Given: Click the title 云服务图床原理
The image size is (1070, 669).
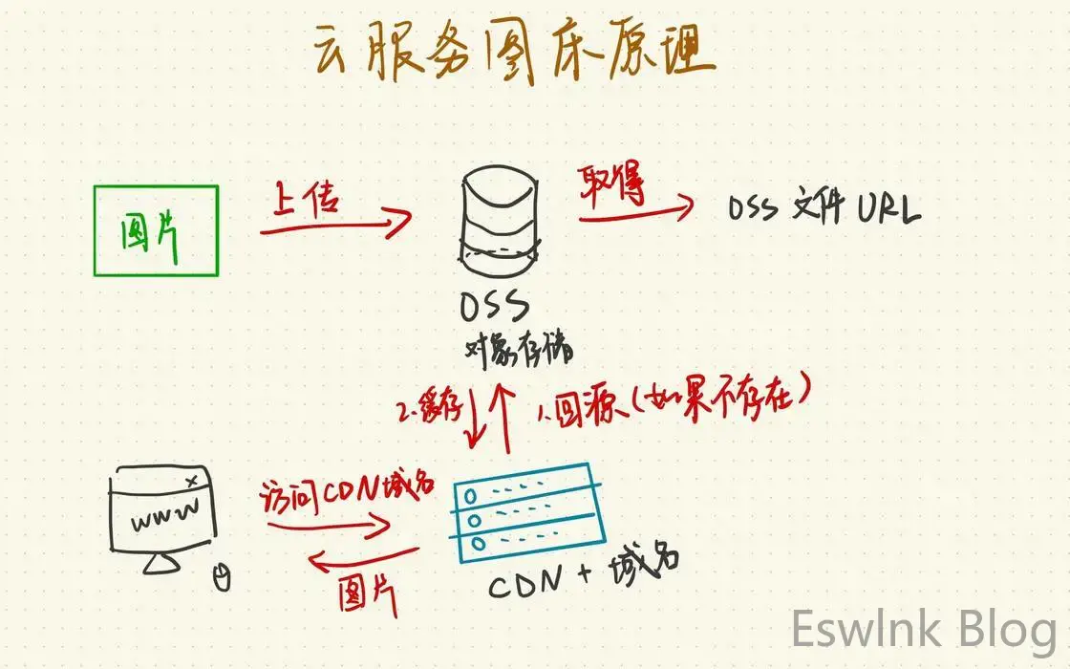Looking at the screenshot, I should [x=514, y=53].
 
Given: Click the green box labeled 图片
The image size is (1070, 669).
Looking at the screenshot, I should [x=157, y=230].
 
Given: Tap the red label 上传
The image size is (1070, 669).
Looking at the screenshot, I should [x=308, y=199].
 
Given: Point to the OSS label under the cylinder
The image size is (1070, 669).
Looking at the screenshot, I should [x=495, y=308].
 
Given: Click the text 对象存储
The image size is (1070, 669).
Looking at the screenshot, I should [x=519, y=348].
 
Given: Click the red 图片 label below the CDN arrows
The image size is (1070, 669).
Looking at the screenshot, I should [x=367, y=593].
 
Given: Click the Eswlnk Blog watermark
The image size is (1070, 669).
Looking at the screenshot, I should [x=923, y=631].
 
